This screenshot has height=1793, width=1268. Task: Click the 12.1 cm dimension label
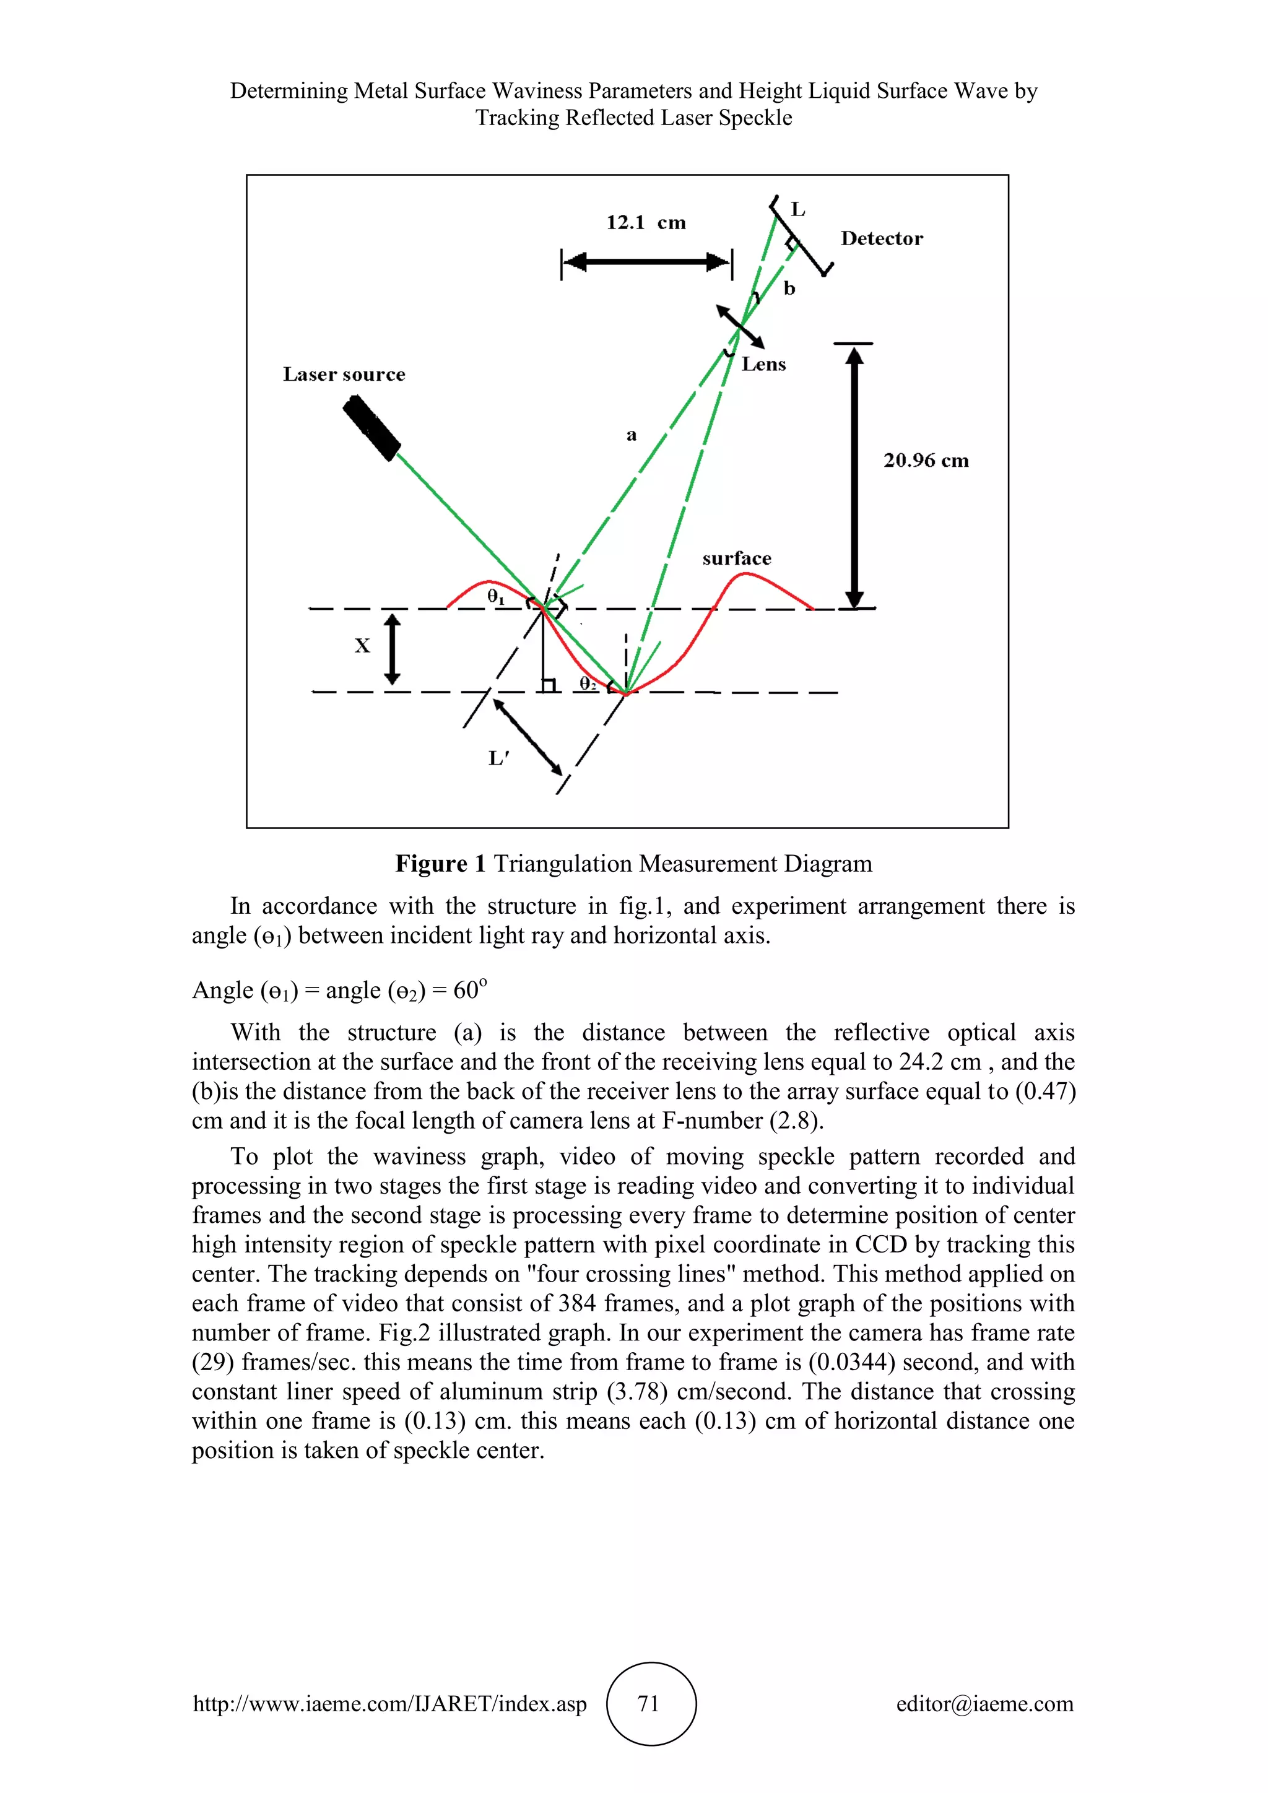tap(646, 222)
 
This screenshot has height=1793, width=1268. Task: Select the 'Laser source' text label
tap(344, 375)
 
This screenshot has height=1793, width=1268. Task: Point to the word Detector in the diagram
tap(881, 239)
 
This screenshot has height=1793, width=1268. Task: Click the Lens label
tap(763, 365)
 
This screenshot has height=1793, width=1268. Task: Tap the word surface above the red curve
tap(736, 558)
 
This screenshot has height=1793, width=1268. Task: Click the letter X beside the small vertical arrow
tap(362, 646)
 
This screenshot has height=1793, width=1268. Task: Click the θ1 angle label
tap(496, 597)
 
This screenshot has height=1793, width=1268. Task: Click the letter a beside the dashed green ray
tap(631, 435)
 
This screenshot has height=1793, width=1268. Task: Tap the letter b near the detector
tap(789, 289)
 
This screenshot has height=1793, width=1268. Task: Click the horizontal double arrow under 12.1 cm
tap(646, 263)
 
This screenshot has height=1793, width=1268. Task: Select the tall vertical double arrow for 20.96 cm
tap(855, 476)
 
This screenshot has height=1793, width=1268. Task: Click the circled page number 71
tap(649, 1703)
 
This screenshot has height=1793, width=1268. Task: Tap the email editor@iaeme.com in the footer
tap(984, 1704)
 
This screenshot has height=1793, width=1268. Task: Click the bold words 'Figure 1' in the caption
tap(440, 864)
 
